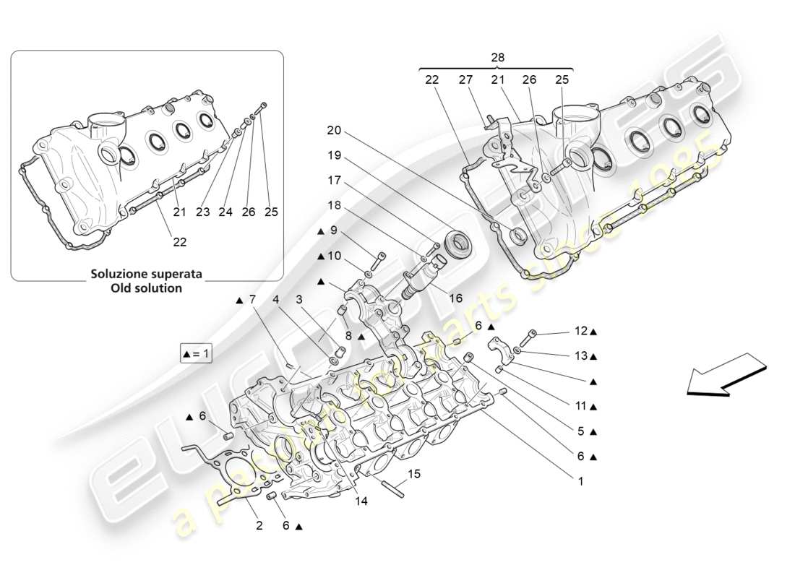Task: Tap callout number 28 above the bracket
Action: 497,57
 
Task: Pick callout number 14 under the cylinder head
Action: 361,500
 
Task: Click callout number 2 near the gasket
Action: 259,526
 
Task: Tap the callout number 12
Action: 582,332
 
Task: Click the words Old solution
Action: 146,288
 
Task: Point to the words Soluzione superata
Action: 146,275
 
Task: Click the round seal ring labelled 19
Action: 458,242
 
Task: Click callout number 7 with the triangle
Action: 252,299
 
